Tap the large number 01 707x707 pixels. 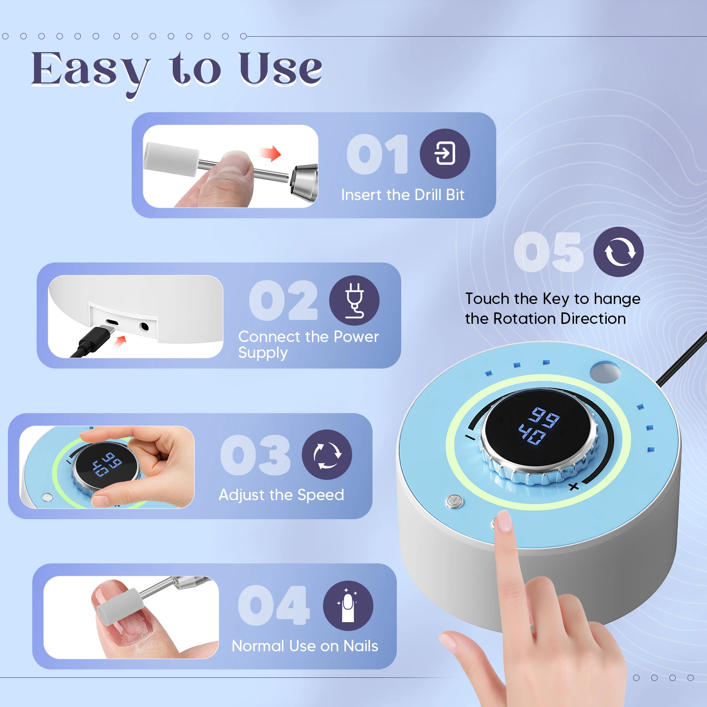click(x=377, y=155)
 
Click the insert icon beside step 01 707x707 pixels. click(x=445, y=154)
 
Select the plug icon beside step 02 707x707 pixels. click(x=354, y=300)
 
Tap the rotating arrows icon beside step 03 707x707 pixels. click(x=327, y=455)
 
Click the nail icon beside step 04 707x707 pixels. click(x=348, y=605)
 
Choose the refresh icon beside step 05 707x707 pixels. click(x=618, y=252)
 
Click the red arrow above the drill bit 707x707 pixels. click(x=271, y=154)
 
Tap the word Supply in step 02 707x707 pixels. click(x=263, y=353)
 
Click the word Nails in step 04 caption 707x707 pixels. click(x=361, y=646)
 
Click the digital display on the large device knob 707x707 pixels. click(x=538, y=425)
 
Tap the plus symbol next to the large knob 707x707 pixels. click(x=574, y=487)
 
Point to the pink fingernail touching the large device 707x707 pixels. click(x=504, y=521)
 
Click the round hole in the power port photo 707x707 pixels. click(x=144, y=327)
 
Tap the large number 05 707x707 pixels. click(x=548, y=253)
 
